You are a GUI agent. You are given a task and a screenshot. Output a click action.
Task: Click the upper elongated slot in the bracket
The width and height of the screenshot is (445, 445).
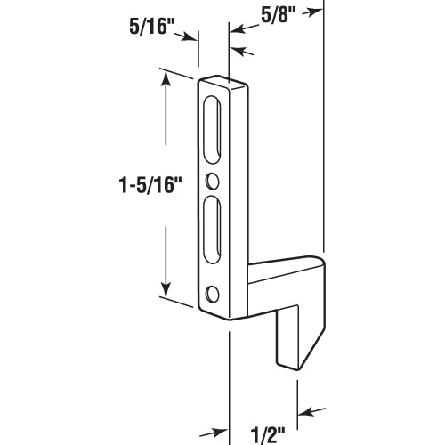click(x=214, y=129)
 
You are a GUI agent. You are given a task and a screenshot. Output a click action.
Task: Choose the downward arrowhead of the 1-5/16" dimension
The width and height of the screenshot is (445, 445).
click(x=165, y=293)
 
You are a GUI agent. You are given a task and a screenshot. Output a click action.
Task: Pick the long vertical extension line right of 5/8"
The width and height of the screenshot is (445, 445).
click(x=324, y=133)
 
